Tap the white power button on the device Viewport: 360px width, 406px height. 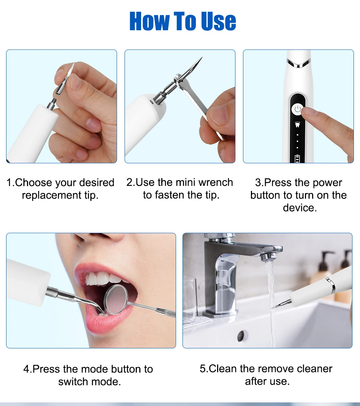pyautogui.click(x=297, y=109)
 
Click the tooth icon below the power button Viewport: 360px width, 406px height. pyautogui.click(x=297, y=125)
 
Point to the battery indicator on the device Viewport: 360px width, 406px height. pyautogui.click(x=297, y=159)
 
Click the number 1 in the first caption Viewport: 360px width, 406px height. pyautogui.click(x=9, y=183)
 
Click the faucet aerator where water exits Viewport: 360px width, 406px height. pyautogui.click(x=267, y=256)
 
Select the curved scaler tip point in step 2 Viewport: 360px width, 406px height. pyautogui.click(x=201, y=58)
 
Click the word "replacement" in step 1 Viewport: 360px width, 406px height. pyautogui.click(x=52, y=195)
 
